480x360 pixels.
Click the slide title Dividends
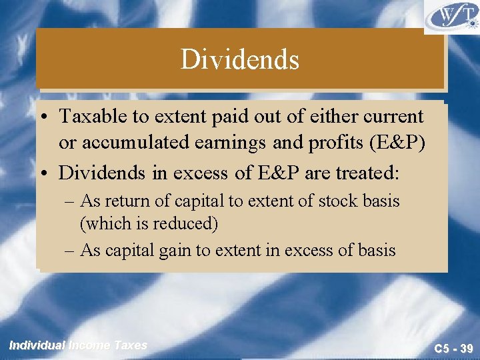[x=240, y=60]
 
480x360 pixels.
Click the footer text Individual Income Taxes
[x=78, y=345]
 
